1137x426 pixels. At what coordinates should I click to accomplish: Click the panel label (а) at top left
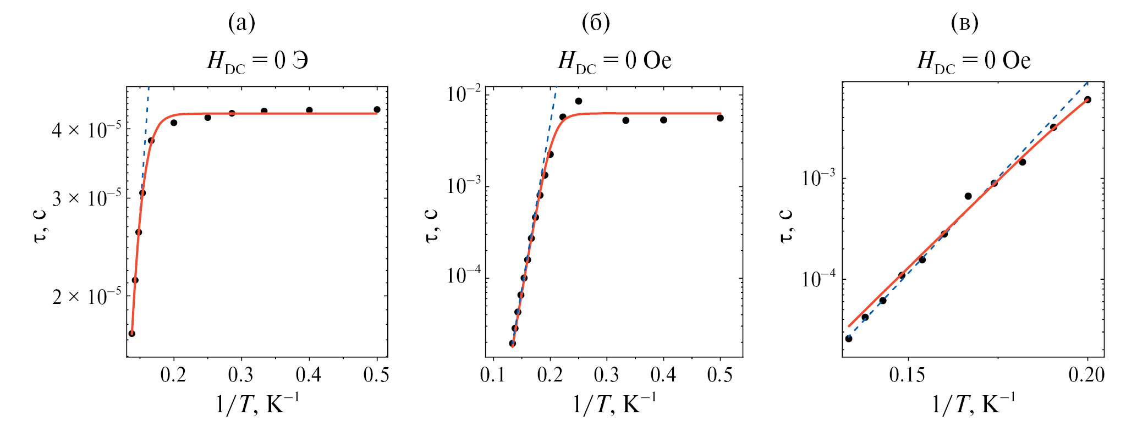[241, 23]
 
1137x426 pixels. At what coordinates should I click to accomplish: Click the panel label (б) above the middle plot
[596, 23]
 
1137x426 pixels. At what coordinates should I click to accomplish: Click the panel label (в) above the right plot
[965, 23]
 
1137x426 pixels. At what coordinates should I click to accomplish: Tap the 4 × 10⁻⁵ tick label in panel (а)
[87, 130]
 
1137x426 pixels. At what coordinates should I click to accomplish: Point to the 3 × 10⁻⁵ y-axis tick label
[87, 198]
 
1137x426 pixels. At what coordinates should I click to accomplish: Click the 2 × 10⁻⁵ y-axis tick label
[87, 297]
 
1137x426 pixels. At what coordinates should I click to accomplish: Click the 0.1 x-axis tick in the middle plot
[493, 375]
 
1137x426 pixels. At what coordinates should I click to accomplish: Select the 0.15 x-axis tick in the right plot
[907, 375]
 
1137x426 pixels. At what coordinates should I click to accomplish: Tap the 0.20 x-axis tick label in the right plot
[1086, 375]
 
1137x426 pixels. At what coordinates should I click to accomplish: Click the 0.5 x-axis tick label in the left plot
[377, 375]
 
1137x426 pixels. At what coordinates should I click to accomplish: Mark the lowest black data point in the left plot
[131, 334]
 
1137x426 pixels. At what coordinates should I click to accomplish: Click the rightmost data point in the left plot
[377, 109]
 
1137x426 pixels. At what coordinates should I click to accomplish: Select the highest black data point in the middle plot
[579, 101]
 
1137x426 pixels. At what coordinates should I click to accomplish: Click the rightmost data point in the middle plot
[720, 118]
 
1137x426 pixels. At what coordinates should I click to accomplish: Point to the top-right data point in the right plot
[1087, 99]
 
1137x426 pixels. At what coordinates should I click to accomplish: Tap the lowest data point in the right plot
[849, 339]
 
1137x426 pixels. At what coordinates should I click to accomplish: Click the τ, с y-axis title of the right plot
[787, 224]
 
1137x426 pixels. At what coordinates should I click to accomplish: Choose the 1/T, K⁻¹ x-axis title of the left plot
[257, 406]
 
